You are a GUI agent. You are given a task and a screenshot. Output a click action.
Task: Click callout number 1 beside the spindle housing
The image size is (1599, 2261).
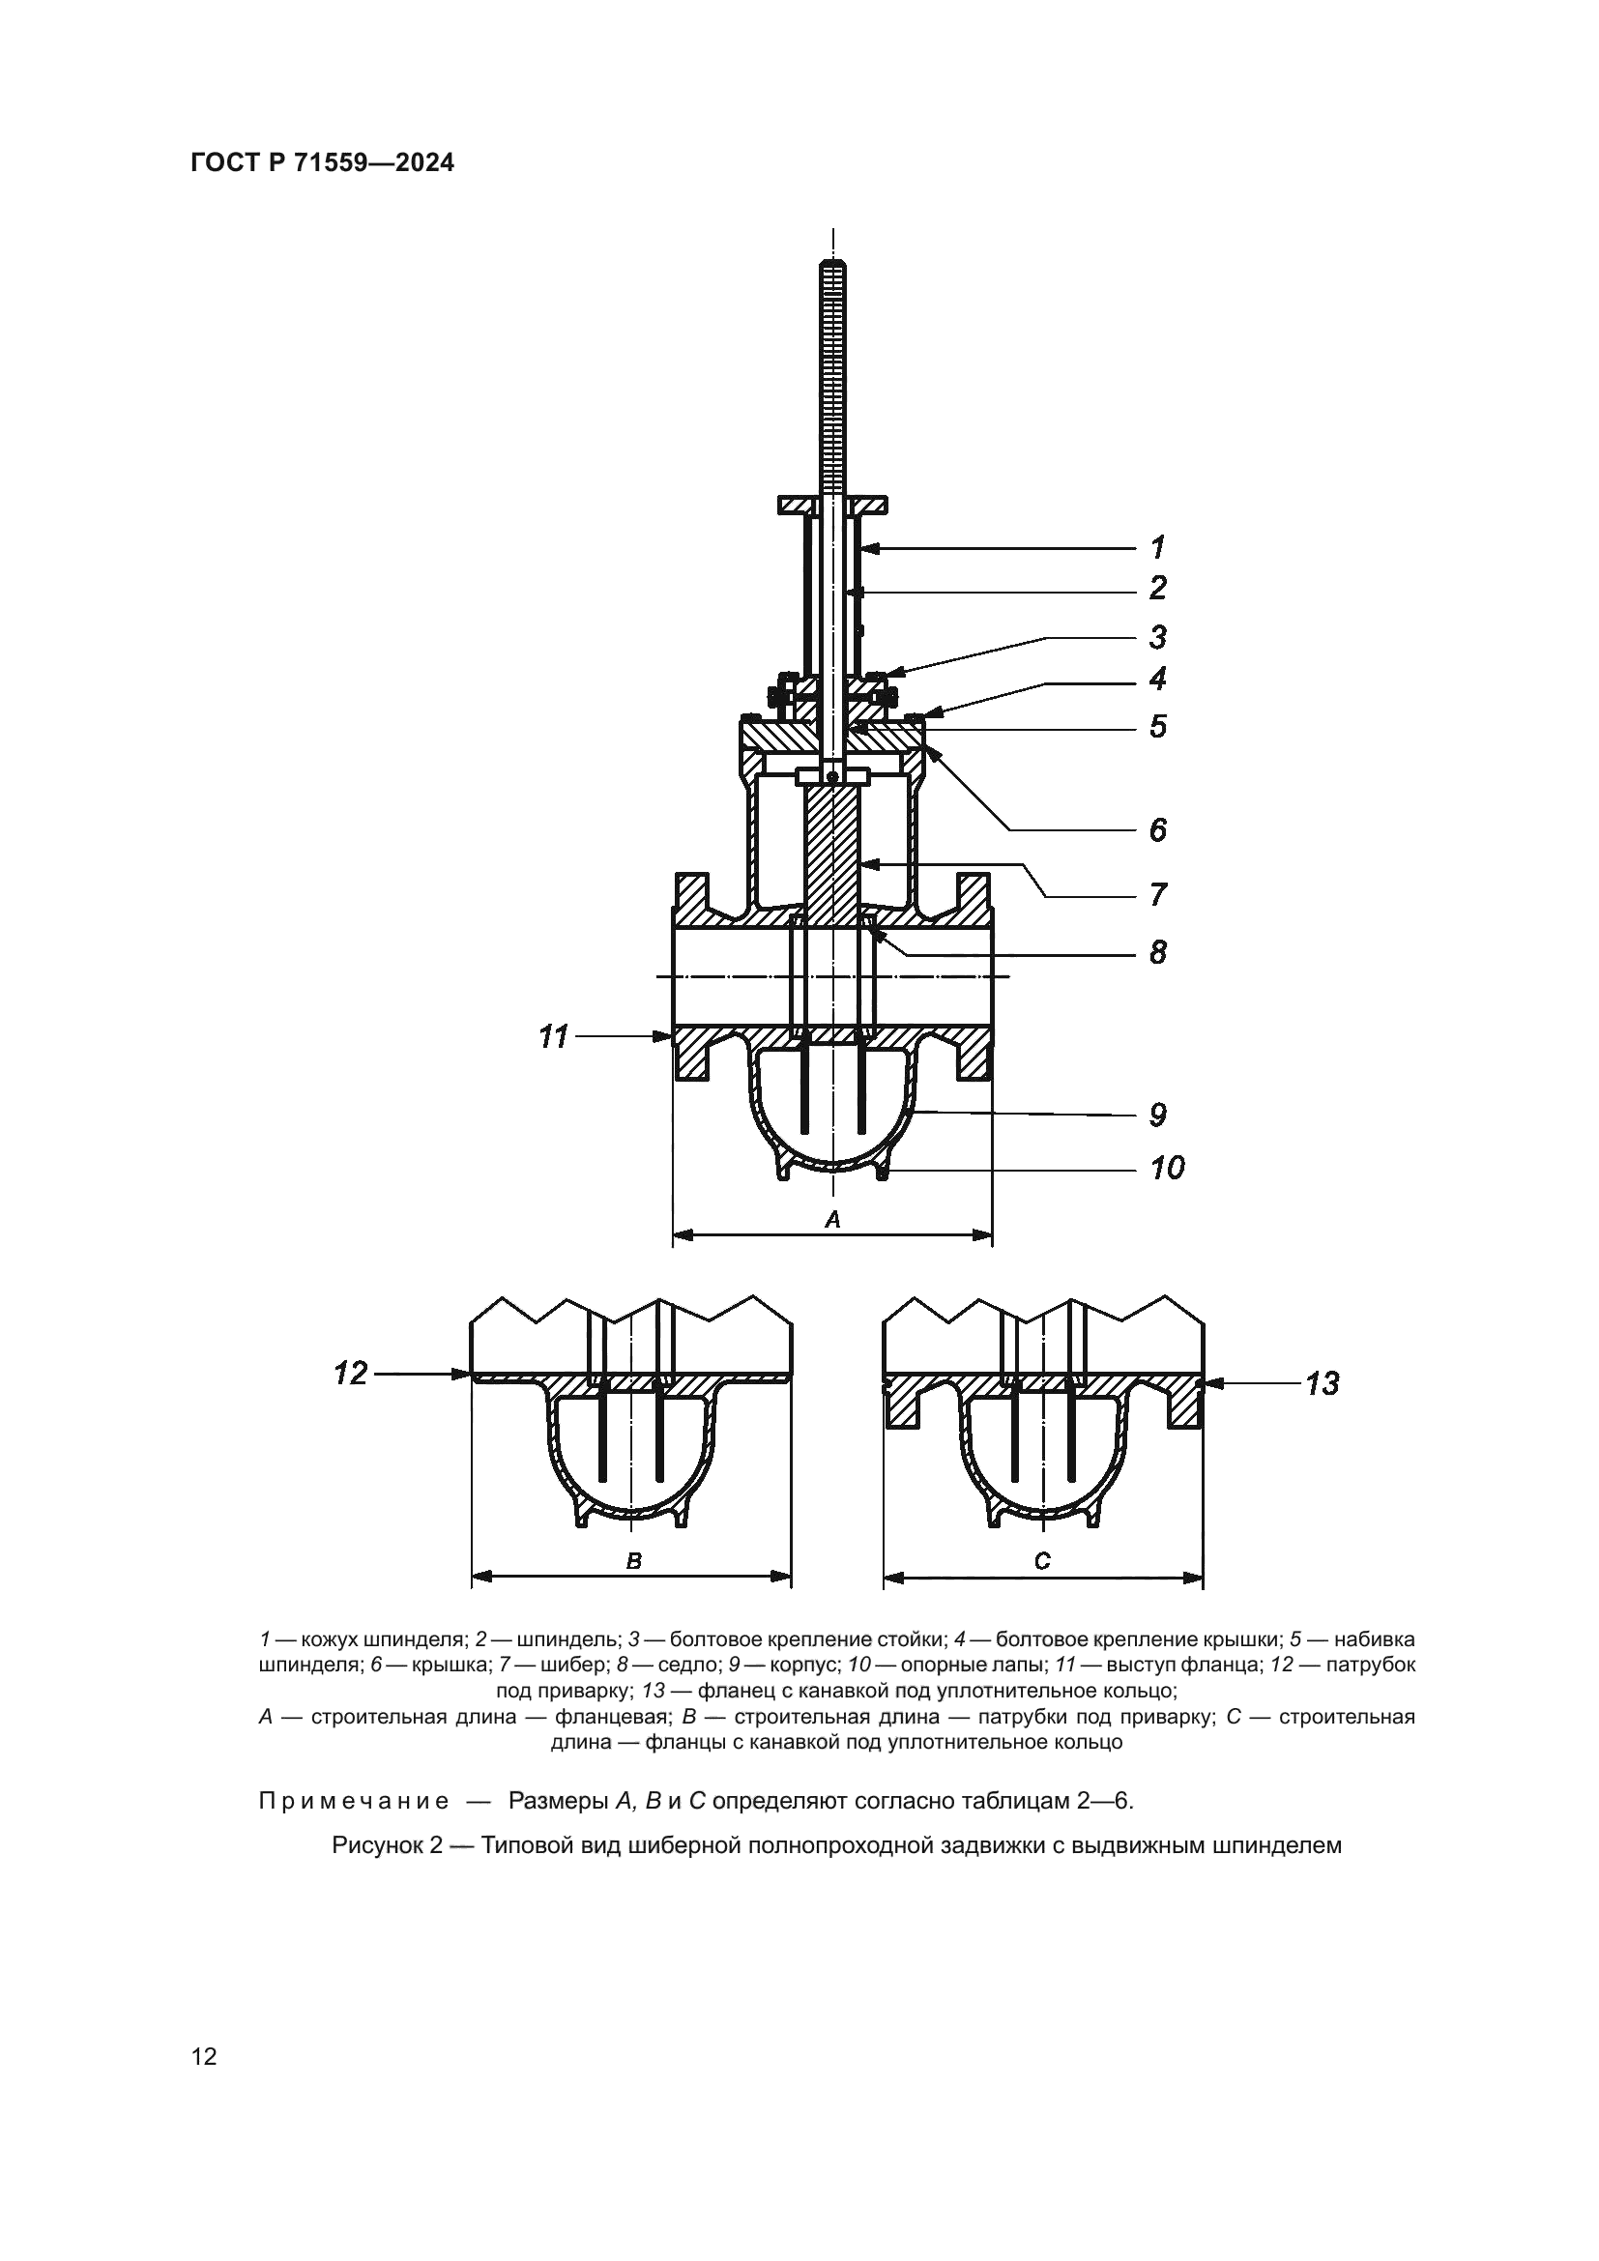[1158, 546]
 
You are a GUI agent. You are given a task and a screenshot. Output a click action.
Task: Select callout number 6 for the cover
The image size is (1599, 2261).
[1158, 830]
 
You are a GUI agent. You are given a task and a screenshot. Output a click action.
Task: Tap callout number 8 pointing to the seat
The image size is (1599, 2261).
[1158, 952]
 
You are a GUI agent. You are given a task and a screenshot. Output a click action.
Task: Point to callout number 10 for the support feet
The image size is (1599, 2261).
[1167, 1169]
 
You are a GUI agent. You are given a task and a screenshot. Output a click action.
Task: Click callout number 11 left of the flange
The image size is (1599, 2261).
[553, 1036]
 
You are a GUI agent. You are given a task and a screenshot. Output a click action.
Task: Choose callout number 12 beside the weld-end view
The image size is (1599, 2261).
[351, 1373]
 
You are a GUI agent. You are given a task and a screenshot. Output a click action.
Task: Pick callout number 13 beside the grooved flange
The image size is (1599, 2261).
[1323, 1383]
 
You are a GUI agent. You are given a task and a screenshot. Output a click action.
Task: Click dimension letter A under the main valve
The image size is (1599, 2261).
[832, 1219]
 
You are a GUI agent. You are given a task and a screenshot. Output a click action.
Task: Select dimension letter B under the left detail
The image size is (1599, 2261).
[634, 1560]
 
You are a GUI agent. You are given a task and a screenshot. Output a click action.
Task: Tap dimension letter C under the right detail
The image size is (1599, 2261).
[1044, 1560]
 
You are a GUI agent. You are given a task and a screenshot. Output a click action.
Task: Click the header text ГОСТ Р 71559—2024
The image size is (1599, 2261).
[322, 163]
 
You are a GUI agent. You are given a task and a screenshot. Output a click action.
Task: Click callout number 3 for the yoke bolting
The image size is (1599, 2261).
[1158, 637]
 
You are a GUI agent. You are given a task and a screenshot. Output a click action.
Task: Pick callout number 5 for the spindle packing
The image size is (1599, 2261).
[1158, 727]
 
